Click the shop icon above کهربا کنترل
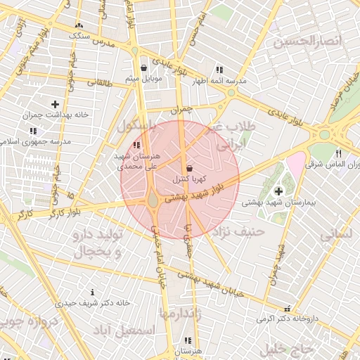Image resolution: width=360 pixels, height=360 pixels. [x=190, y=169]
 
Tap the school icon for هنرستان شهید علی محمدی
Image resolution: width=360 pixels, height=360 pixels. [x=136, y=145]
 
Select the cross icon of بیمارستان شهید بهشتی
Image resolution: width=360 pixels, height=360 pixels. [x=278, y=191]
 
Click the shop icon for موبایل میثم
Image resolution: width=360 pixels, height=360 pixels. [x=144, y=68]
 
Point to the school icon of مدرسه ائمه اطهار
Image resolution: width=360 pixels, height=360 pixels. [x=219, y=70]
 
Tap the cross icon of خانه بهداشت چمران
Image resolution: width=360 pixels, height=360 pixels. [x=55, y=104]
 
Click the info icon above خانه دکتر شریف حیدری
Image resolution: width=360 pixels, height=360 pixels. [x=92, y=292]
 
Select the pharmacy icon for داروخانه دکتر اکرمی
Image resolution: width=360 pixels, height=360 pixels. [x=286, y=308]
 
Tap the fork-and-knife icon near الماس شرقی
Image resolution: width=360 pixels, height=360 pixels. [x=338, y=153]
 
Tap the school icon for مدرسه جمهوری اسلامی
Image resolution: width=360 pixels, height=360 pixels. [x=34, y=131]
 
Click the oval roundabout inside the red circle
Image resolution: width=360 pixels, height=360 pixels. [x=153, y=202]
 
